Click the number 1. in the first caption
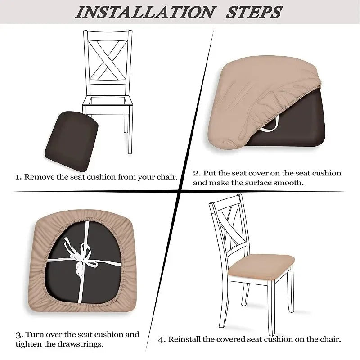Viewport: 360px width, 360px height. tap(18, 177)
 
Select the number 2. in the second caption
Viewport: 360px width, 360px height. tap(197, 173)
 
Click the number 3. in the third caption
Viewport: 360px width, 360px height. tap(18, 335)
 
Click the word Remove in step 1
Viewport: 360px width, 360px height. tap(39, 177)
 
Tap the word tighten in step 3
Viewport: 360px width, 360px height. tap(29, 345)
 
